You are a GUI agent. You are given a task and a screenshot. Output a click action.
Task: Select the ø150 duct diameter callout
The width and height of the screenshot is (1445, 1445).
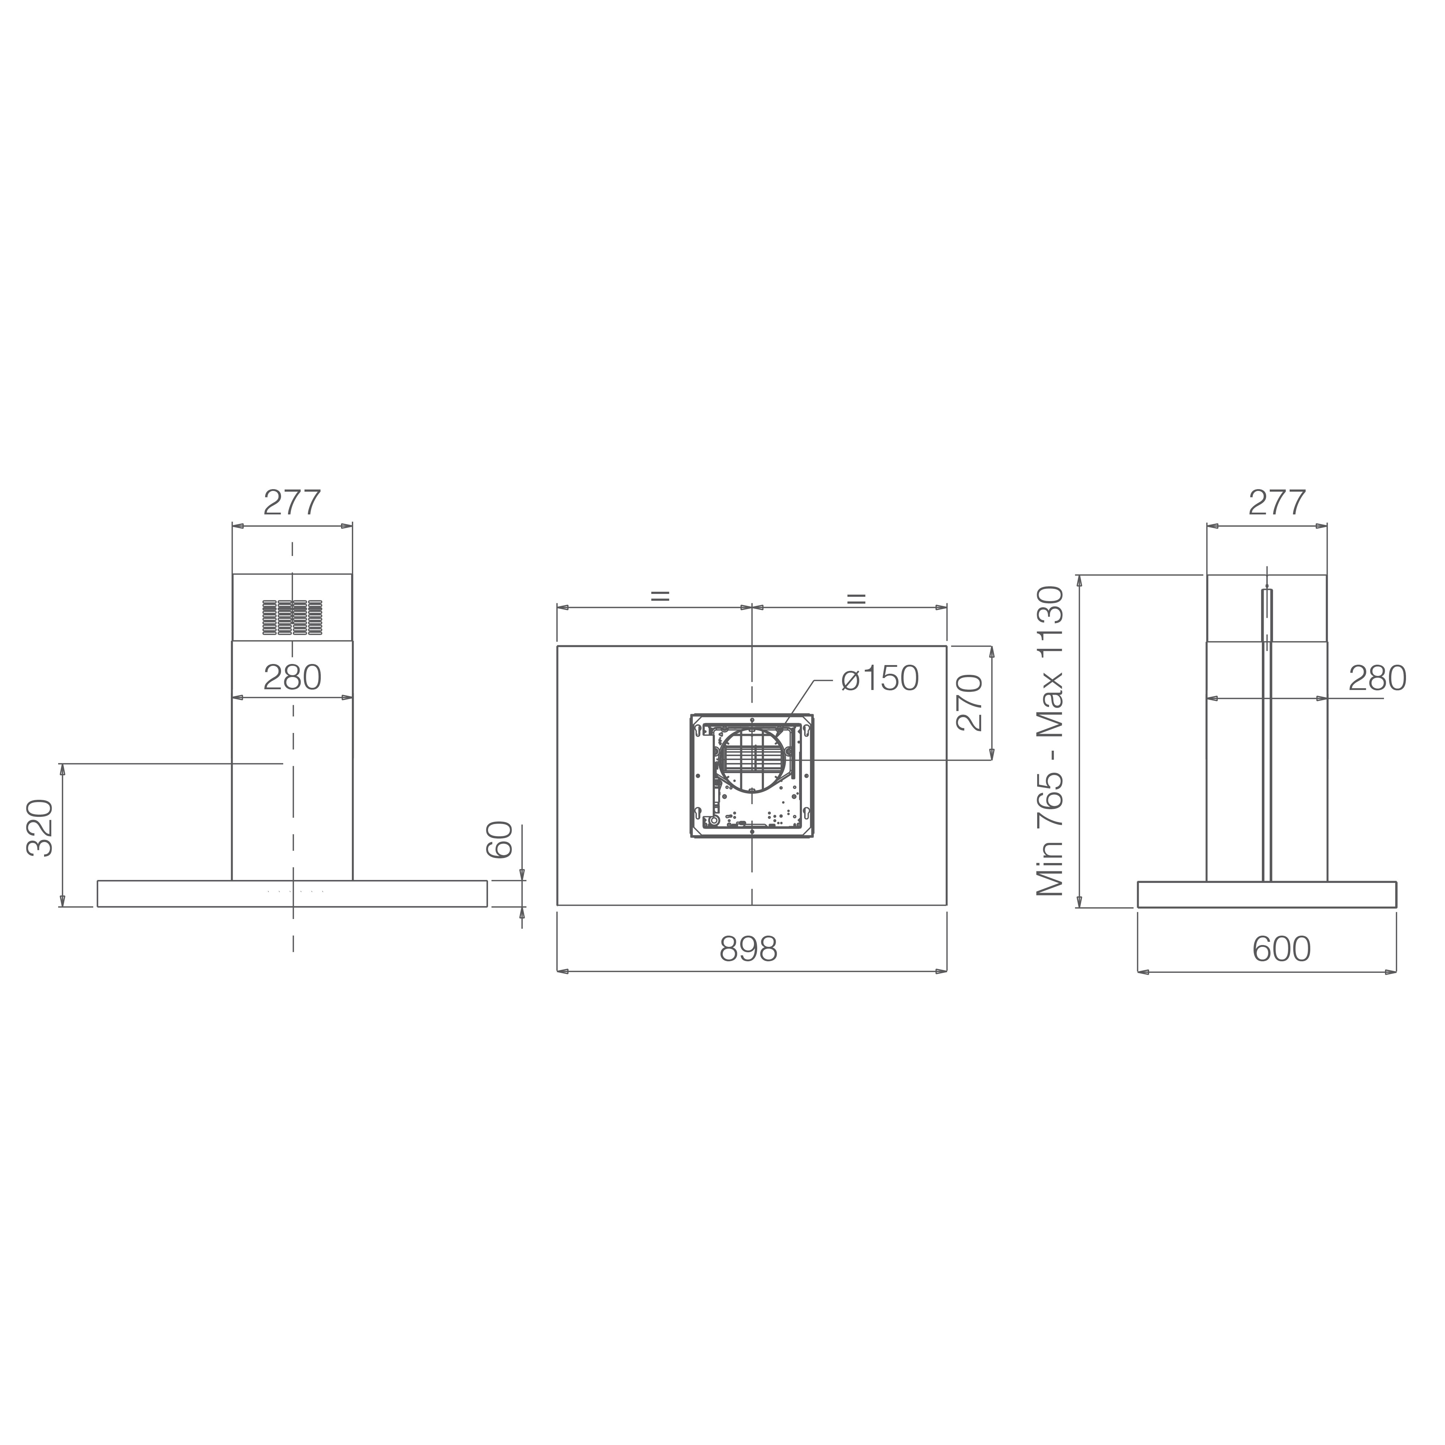880,678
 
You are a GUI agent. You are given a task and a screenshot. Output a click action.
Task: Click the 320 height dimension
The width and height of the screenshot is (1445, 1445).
40,828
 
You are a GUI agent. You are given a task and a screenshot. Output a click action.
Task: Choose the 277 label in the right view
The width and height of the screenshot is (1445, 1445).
1277,502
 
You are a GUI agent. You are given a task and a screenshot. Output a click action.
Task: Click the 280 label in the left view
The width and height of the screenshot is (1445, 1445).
293,678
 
